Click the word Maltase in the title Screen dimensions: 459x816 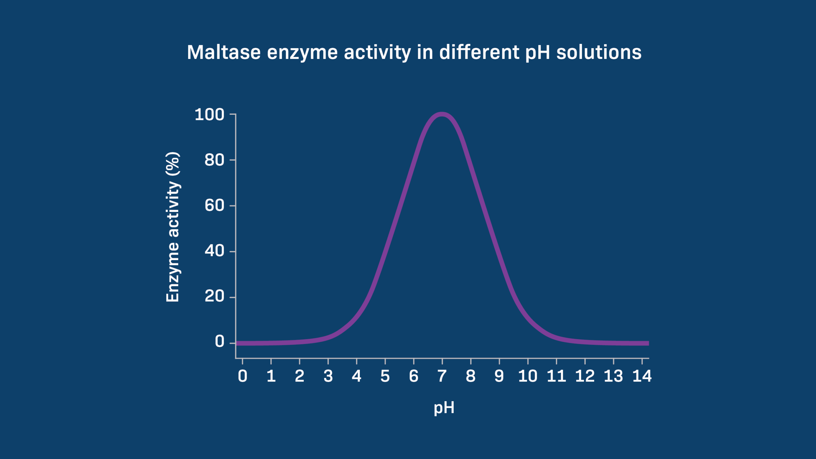pos(223,52)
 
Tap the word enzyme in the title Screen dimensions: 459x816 pos(302,53)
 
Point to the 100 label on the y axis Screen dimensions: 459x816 pos(209,114)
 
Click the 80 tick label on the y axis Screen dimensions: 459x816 pos(214,160)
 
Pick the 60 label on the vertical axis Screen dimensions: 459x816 pos(214,206)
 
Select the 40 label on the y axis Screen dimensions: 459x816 pos(214,251)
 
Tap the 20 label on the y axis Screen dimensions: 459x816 pos(214,296)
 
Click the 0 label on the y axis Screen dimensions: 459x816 pos(219,342)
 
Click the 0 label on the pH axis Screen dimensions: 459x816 pos(243,376)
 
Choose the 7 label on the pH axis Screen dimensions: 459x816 pos(442,376)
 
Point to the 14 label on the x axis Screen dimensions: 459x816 pos(642,376)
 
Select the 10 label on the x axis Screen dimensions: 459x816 pos(528,376)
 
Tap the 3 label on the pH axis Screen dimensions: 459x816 pos(328,376)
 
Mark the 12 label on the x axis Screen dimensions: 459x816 pos(585,376)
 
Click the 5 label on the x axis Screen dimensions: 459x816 pos(385,376)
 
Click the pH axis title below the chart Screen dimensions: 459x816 pos(444,408)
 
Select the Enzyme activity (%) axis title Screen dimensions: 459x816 pos(173,227)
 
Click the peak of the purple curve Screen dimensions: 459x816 pos(442,114)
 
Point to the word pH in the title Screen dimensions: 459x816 pos(537,53)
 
